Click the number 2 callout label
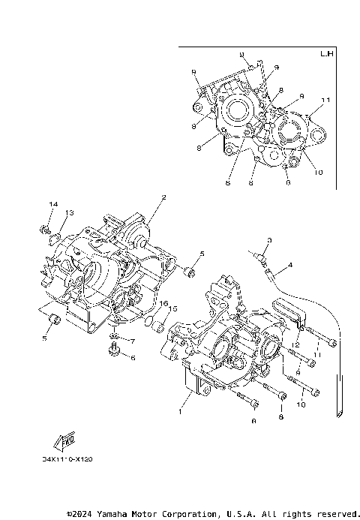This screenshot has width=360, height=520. click(163, 198)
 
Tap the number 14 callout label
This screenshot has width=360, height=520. click(53, 205)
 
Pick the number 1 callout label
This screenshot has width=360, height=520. click(179, 411)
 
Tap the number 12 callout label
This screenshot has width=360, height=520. click(297, 344)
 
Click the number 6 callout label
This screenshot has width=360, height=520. click(133, 358)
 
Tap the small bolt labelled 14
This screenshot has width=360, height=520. click(44, 227)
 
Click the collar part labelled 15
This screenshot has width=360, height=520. click(154, 324)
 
